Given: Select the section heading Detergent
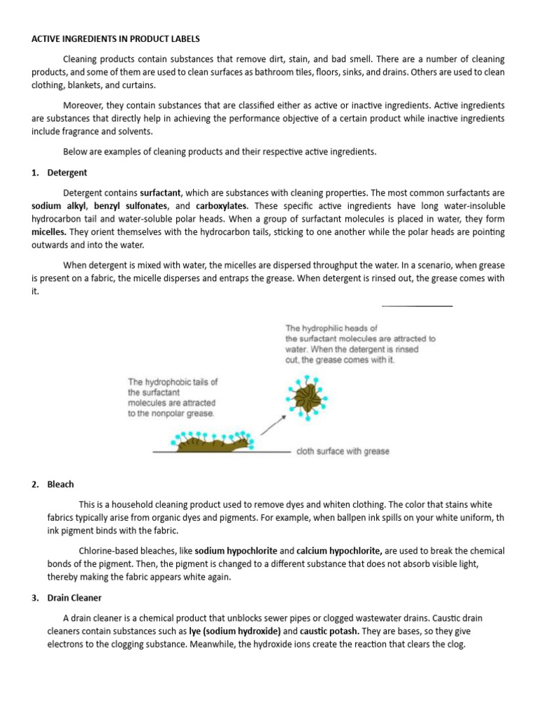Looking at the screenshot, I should click(67, 173).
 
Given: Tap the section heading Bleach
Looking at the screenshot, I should click(61, 484).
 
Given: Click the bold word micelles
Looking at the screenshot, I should click(50, 231).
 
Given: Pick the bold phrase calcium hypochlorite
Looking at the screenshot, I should click(339, 551).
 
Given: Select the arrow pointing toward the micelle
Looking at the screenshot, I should click(276, 422).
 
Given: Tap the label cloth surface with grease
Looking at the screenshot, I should click(343, 452).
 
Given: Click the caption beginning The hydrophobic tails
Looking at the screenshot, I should click(172, 397).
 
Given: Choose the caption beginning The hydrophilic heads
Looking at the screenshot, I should click(359, 343).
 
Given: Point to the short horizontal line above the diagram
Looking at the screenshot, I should click(417, 306).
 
